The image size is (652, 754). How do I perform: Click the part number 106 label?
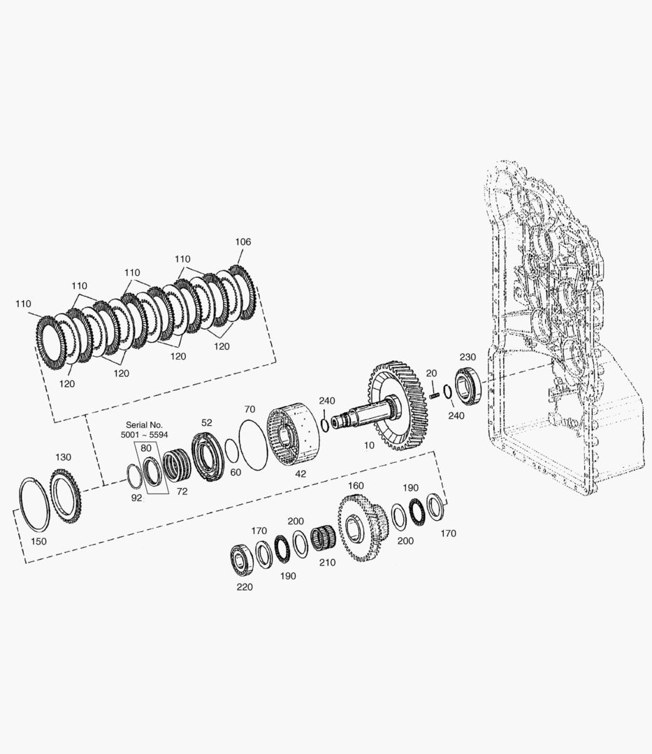tap(243, 242)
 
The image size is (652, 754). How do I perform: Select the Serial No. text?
tap(145, 425)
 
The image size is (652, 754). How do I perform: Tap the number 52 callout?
tap(206, 422)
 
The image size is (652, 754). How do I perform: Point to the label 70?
tap(249, 409)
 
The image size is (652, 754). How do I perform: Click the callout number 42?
tap(300, 473)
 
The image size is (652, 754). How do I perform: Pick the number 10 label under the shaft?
tap(369, 445)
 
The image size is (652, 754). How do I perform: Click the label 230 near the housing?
tap(468, 357)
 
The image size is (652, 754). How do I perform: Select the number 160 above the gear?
tap(356, 486)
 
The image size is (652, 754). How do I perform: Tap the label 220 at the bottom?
tap(245, 586)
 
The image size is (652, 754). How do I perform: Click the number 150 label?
tap(38, 542)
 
